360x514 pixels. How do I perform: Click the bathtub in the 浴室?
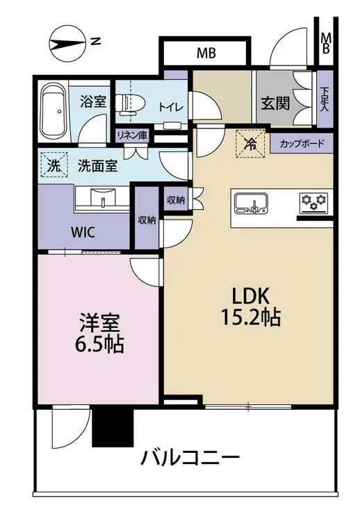(x=53, y=111)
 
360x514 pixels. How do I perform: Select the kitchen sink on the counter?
(x=251, y=203)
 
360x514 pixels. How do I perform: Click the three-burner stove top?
(x=313, y=201)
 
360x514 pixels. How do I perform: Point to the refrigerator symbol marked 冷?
(x=251, y=144)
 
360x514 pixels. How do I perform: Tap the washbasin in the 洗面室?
(x=102, y=199)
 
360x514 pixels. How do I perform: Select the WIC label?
(x=83, y=233)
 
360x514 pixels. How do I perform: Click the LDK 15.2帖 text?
(x=251, y=306)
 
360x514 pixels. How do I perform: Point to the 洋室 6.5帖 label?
(x=99, y=333)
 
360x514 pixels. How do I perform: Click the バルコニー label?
(x=190, y=458)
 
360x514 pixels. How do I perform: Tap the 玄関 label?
(x=275, y=103)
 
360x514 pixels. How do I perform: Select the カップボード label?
(x=302, y=144)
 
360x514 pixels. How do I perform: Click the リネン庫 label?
(x=132, y=135)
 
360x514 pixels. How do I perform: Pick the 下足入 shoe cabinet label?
(x=325, y=99)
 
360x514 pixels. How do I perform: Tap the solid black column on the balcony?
(x=113, y=428)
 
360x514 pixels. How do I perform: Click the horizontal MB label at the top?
(x=206, y=53)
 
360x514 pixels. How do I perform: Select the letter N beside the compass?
(x=95, y=41)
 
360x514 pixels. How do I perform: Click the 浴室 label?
(x=93, y=101)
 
